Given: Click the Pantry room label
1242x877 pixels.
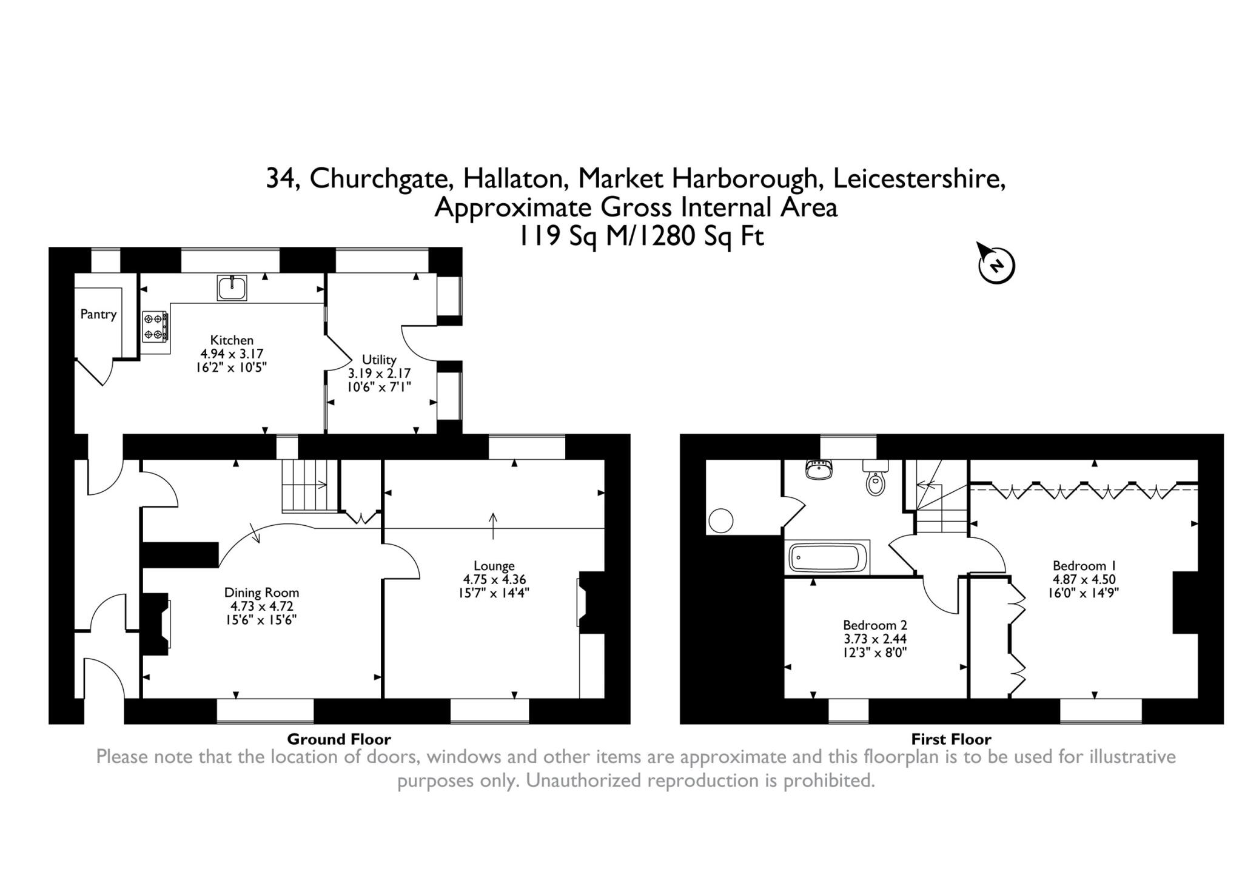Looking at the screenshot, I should pos(98,314).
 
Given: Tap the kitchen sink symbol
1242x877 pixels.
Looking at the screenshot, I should pos(232,287).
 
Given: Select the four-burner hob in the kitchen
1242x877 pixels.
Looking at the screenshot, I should pos(156,326).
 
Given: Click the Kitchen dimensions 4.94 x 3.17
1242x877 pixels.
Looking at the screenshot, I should pos(232,354).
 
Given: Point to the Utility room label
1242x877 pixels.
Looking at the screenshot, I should pos(379,360).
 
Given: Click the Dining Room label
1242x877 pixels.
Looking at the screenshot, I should pos(261,593).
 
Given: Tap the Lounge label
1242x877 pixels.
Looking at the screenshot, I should pos(494,566).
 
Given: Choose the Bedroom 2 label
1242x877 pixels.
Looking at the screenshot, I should pos(874,625).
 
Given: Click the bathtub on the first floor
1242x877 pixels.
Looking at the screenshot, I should pos(828,557).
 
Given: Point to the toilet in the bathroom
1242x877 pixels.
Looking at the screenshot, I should pos(875,479).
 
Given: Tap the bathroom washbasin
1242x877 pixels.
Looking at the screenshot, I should pos(819,469).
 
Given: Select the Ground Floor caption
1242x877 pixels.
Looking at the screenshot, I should pos(339,739).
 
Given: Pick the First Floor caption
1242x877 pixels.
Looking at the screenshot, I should pos(951,739).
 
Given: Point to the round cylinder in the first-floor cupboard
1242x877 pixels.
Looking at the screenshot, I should pos(720,520).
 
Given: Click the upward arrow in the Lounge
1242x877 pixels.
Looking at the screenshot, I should pos(493,525).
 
